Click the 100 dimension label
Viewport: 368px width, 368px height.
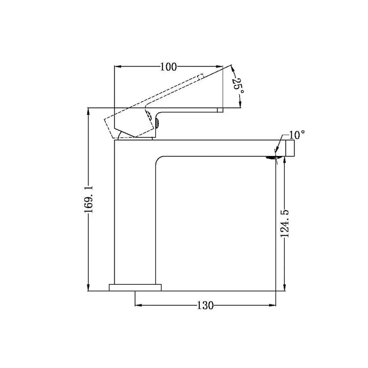pos(168,67)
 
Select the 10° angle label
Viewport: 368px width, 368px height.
pos(297,135)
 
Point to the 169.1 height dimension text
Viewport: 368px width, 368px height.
pos(89,199)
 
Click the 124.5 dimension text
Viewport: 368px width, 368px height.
pos(285,224)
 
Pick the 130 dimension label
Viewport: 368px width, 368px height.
pos(205,306)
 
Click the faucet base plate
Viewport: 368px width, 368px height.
pos(135,287)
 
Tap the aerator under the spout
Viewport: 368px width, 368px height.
pos(270,158)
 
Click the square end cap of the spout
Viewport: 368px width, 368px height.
pos(290,148)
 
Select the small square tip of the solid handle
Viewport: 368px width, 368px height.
pos(220,110)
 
